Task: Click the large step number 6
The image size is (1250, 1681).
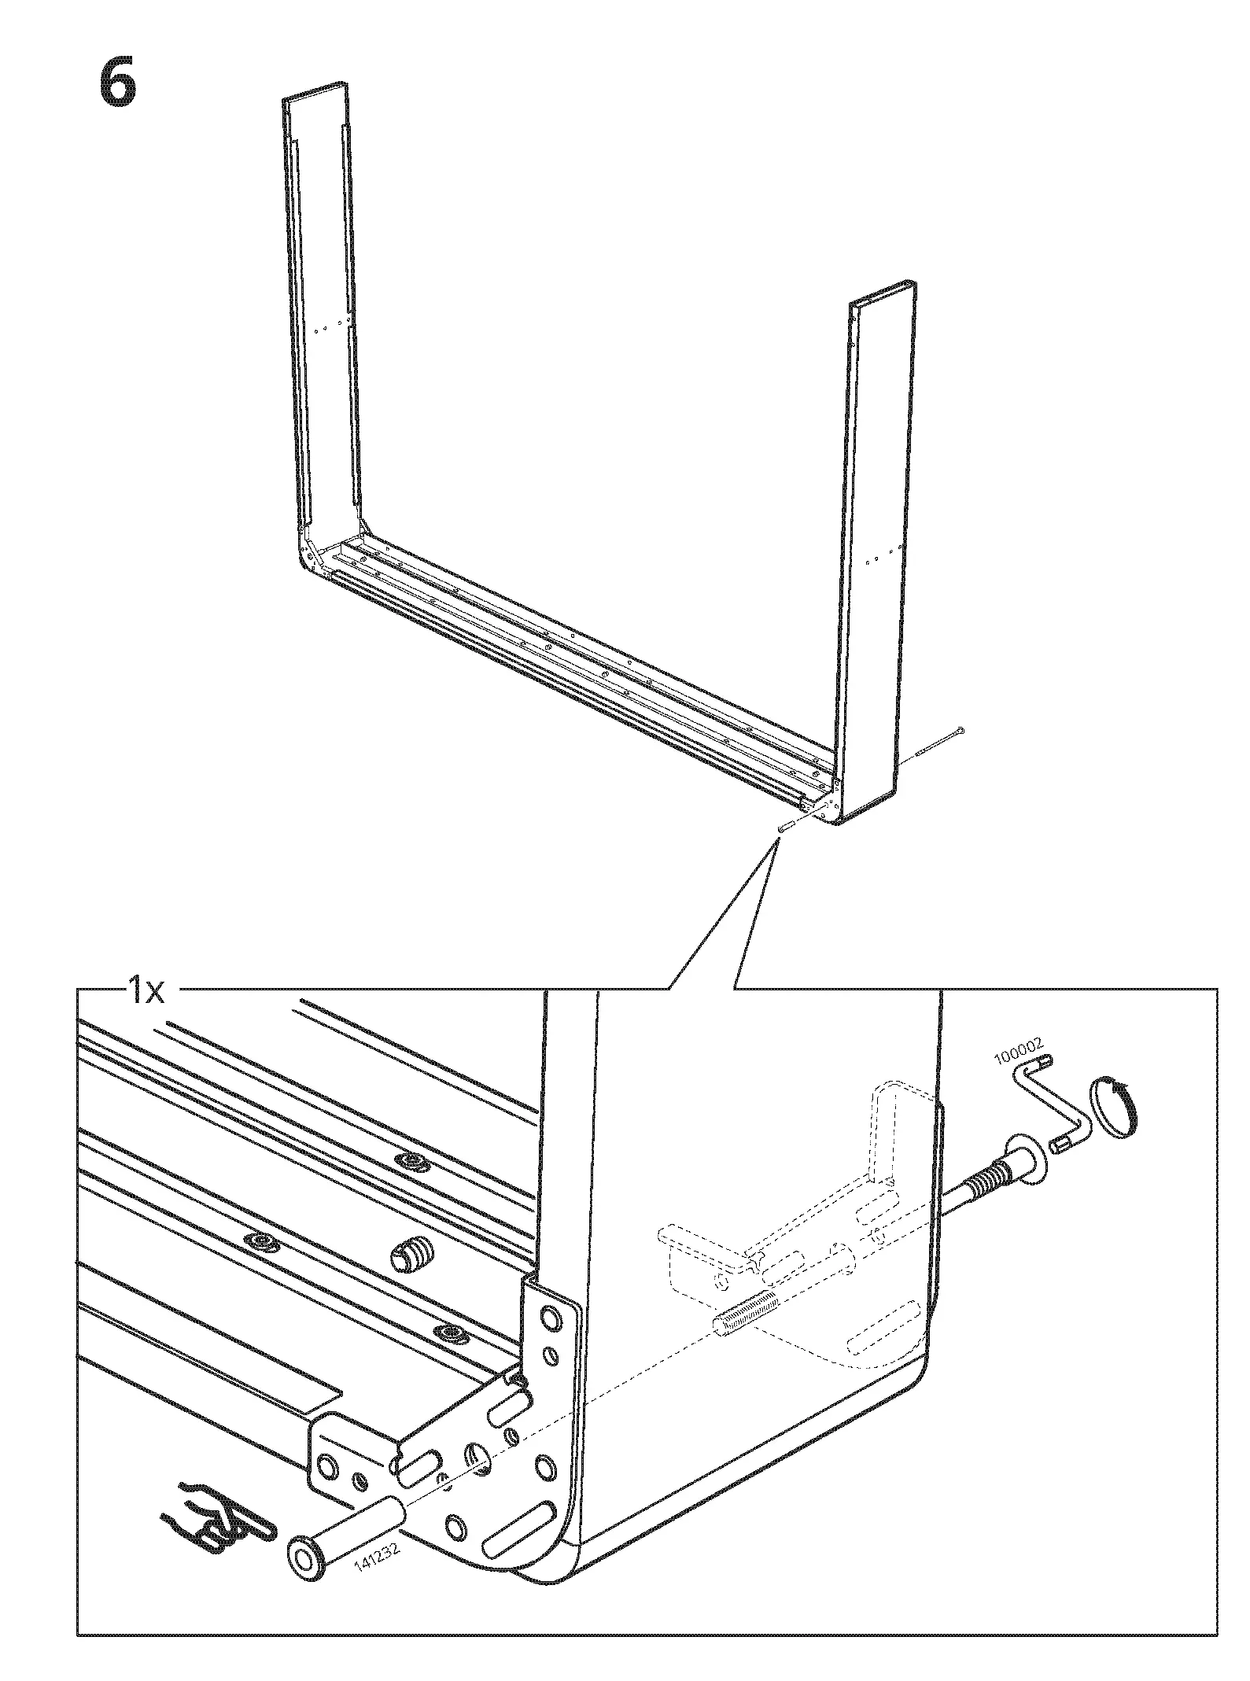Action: (118, 84)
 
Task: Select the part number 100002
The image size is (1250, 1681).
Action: (1020, 1050)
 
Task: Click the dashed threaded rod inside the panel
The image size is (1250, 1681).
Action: (744, 1316)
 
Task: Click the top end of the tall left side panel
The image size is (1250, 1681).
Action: (315, 91)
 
